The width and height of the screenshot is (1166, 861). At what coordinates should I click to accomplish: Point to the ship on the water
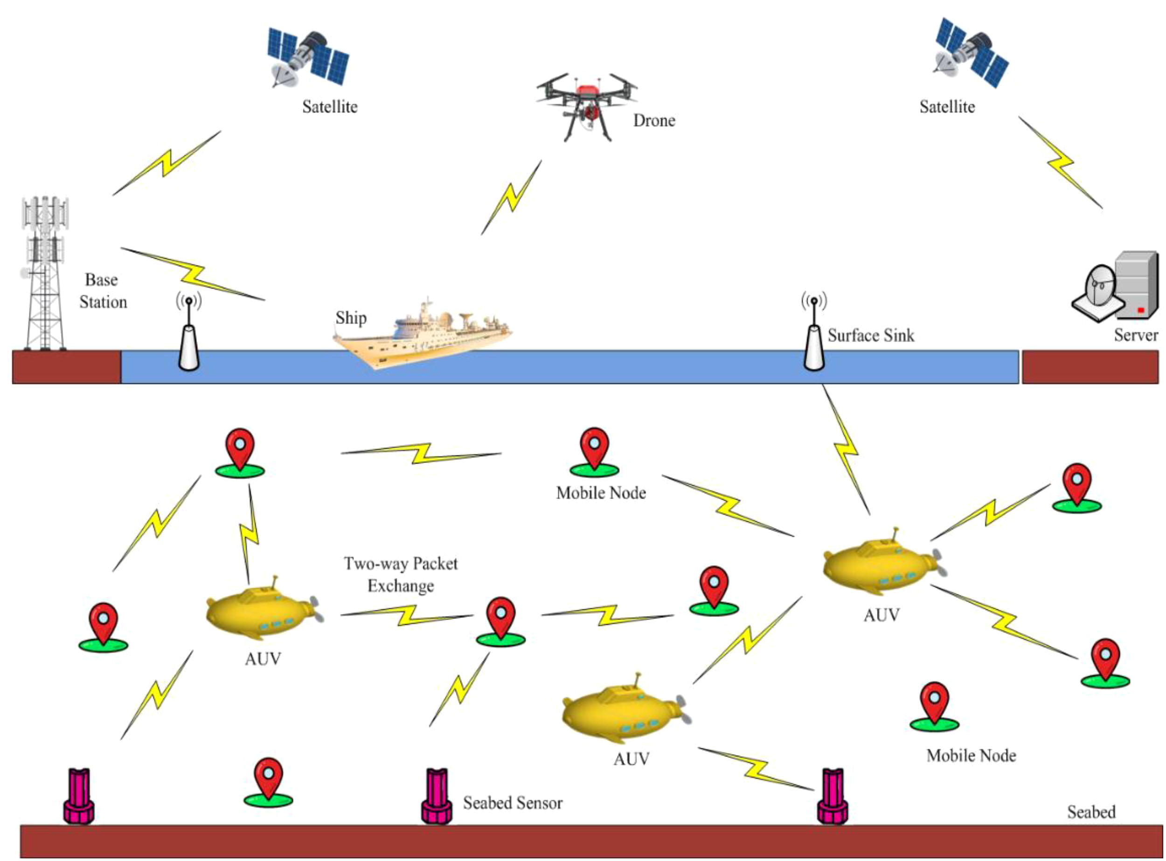point(422,333)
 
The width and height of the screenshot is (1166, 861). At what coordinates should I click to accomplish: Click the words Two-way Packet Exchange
point(400,574)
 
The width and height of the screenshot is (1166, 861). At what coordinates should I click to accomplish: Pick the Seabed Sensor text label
point(513,803)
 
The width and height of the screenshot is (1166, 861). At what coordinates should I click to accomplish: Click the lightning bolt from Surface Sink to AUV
point(846,449)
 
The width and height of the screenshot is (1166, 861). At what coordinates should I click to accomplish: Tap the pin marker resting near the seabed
point(268,782)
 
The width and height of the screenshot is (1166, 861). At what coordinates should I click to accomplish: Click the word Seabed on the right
point(1091,812)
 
